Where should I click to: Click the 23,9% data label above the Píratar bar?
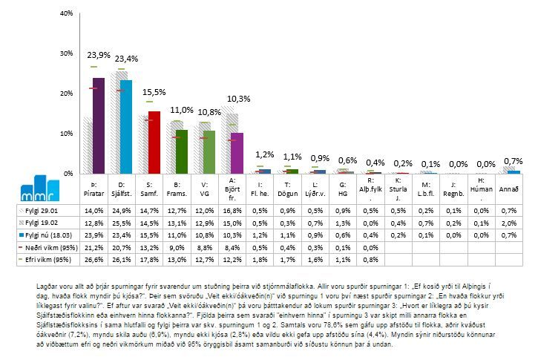point(99,55)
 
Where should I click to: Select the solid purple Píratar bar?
point(98,126)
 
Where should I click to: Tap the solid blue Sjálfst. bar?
point(126,127)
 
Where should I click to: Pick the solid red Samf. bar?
point(154,143)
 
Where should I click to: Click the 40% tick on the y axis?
point(65,14)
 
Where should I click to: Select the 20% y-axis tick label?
point(65,94)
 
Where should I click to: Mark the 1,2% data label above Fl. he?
point(265,154)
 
